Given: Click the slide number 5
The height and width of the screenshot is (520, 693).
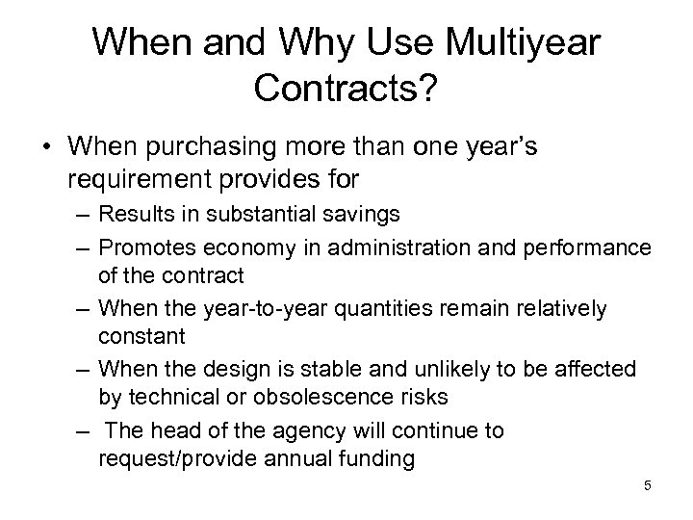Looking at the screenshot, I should click(x=648, y=485).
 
